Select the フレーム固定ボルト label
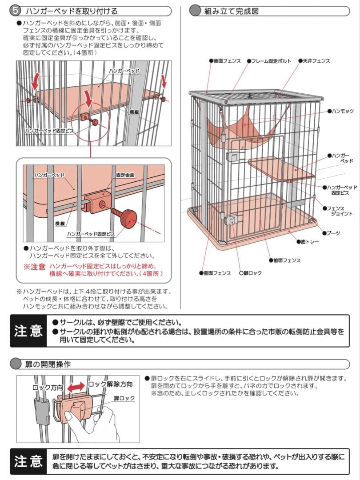(271, 61)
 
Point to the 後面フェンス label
(227, 61)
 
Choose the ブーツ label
(333, 233)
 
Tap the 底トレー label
(310, 242)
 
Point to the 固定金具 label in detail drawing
(125, 175)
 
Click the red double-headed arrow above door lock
(76, 387)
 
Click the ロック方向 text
(48, 387)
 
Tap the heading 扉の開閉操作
(47, 364)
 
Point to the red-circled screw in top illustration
(94, 120)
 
